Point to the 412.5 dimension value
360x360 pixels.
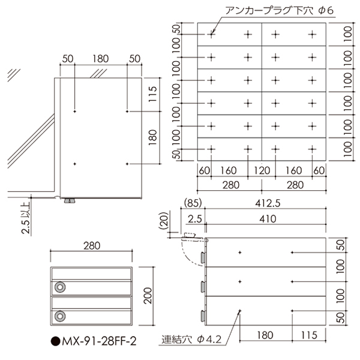268,205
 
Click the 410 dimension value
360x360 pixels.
268,218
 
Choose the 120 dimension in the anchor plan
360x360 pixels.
262,170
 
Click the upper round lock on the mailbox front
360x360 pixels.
59,287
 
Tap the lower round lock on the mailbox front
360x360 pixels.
59,315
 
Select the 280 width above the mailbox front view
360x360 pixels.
91,246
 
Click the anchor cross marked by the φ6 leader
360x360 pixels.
211,35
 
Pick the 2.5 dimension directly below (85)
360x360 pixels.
194,218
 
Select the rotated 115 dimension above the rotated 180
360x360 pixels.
152,94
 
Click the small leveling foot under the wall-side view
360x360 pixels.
71,200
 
